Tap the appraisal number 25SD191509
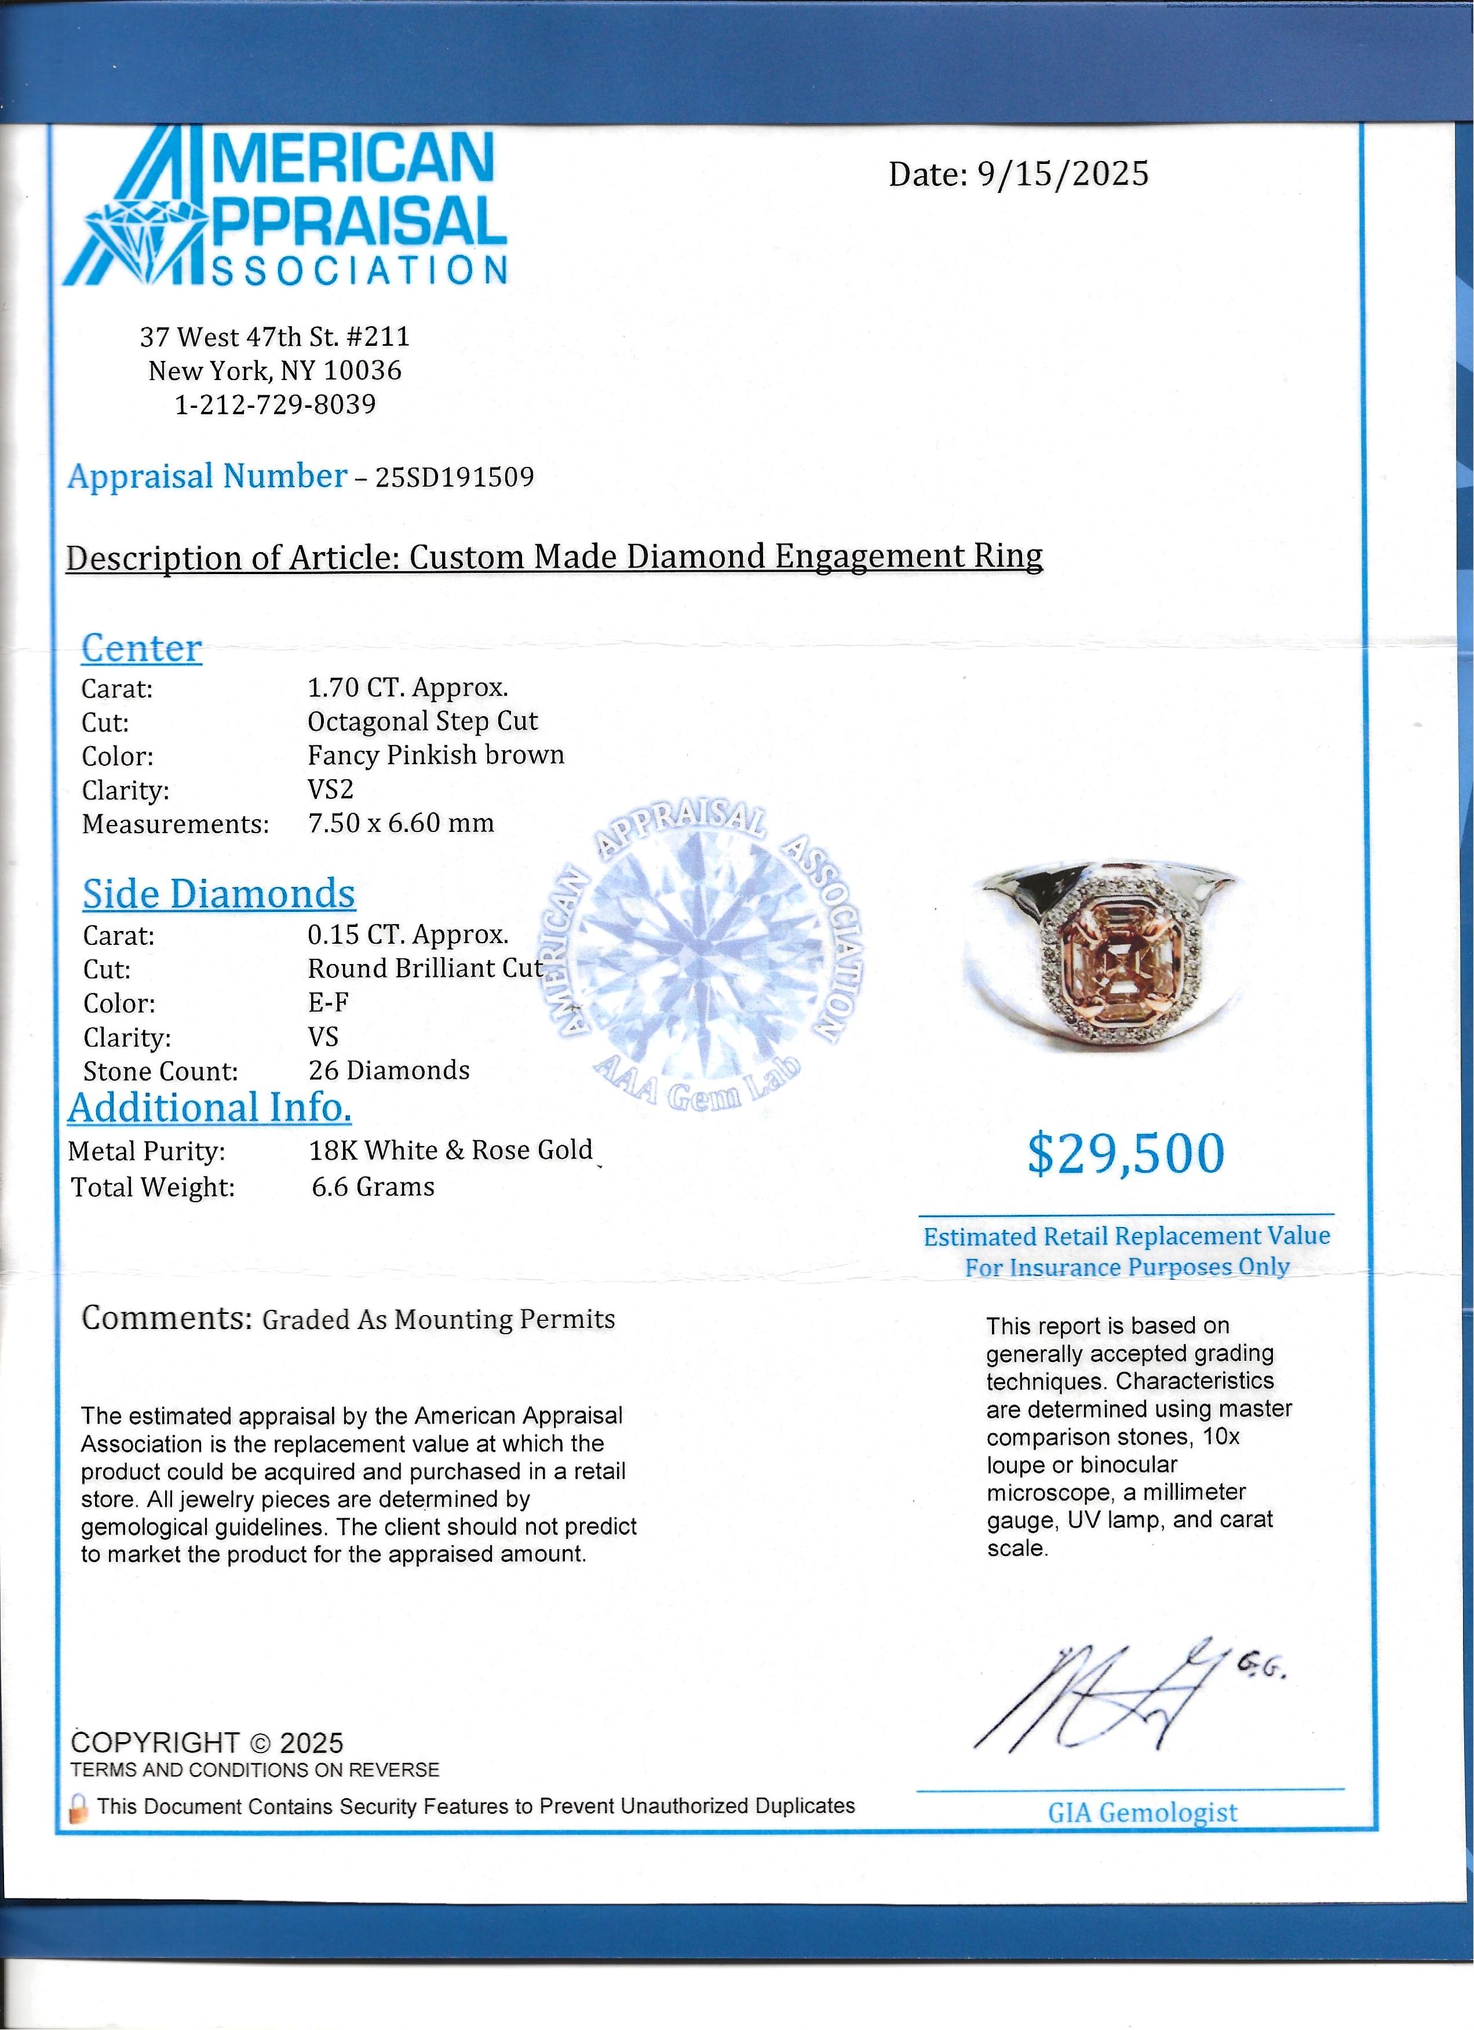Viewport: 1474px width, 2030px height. (455, 477)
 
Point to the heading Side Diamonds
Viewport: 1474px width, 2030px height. (219, 894)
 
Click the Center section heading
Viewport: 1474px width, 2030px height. (141, 648)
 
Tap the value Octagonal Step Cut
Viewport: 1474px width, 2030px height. (422, 721)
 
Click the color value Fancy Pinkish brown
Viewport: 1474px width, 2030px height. (436, 755)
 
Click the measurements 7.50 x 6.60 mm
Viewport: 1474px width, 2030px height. (401, 823)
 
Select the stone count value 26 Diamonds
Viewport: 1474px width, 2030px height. (389, 1071)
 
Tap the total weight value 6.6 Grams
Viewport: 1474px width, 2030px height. (373, 1187)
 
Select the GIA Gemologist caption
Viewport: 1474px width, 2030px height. (1142, 1813)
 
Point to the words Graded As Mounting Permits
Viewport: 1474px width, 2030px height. (439, 1320)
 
